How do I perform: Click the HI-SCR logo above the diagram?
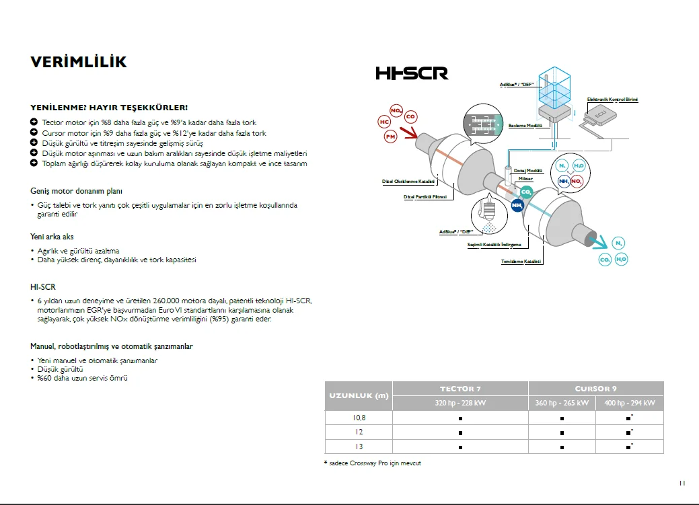(412, 73)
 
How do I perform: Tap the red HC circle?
(384, 122)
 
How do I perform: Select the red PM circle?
(391, 137)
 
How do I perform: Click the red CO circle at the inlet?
(410, 116)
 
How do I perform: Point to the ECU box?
(601, 119)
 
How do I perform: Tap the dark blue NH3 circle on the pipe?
(517, 206)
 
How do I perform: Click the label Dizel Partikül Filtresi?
(425, 197)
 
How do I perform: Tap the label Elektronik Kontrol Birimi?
(612, 100)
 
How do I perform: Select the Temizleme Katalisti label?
(521, 261)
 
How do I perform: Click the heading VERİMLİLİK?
(79, 62)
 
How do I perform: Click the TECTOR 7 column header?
(460, 389)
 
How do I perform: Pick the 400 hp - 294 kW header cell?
(629, 403)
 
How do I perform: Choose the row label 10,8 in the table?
(359, 418)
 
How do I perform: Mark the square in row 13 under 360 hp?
(562, 446)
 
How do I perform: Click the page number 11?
(682, 483)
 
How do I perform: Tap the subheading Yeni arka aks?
(52, 237)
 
